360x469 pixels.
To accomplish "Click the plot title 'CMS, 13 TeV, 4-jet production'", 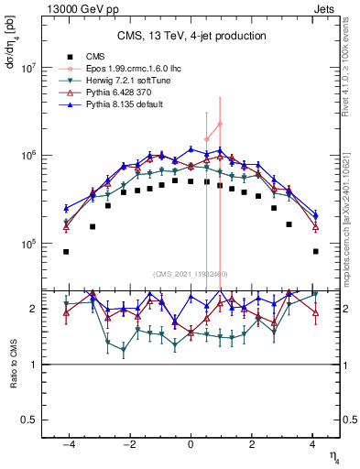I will point(191,36).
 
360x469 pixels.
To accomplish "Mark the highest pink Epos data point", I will point(220,124).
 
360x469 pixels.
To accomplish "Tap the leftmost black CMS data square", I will point(66,251).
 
